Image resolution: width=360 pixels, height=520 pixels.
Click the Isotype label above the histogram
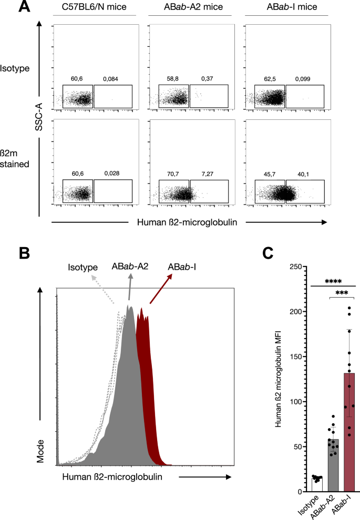click(x=83, y=268)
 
